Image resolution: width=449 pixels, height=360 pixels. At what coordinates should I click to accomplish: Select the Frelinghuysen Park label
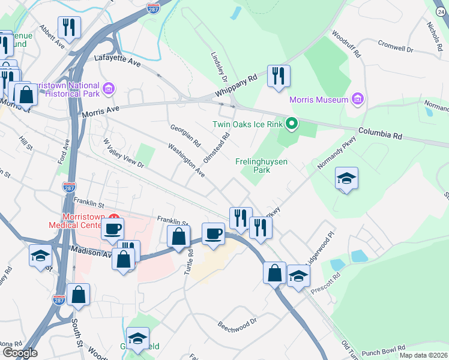(x=261, y=166)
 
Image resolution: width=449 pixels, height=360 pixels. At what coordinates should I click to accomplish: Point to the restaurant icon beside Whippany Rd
(x=279, y=76)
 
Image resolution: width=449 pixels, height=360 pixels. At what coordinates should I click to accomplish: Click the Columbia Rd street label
(x=379, y=133)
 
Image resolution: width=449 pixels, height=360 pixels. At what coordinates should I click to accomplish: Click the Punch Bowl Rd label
(x=384, y=347)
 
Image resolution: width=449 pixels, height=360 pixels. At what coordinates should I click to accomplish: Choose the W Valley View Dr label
(x=124, y=153)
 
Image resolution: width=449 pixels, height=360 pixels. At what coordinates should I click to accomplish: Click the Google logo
(x=19, y=352)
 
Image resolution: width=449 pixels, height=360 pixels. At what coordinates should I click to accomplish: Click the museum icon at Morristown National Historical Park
(x=109, y=89)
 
